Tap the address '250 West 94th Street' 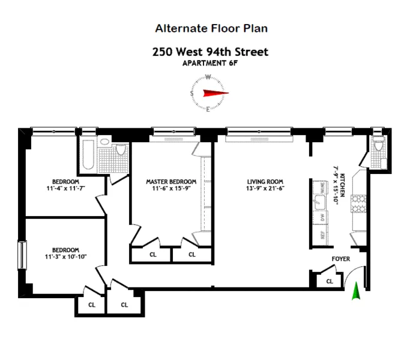pyautogui.click(x=210, y=52)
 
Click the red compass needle pyautogui.click(x=212, y=93)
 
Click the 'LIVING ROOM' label pyautogui.click(x=265, y=182)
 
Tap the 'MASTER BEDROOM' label pyautogui.click(x=171, y=182)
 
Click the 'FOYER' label pyautogui.click(x=341, y=260)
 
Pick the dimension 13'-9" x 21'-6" pyautogui.click(x=265, y=190)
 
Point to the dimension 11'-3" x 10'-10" pyautogui.click(x=65, y=257)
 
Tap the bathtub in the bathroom pyautogui.click(x=87, y=155)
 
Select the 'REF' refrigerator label pyautogui.click(x=322, y=236)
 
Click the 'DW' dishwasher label pyautogui.click(x=322, y=217)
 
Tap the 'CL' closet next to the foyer pyautogui.click(x=329, y=281)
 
